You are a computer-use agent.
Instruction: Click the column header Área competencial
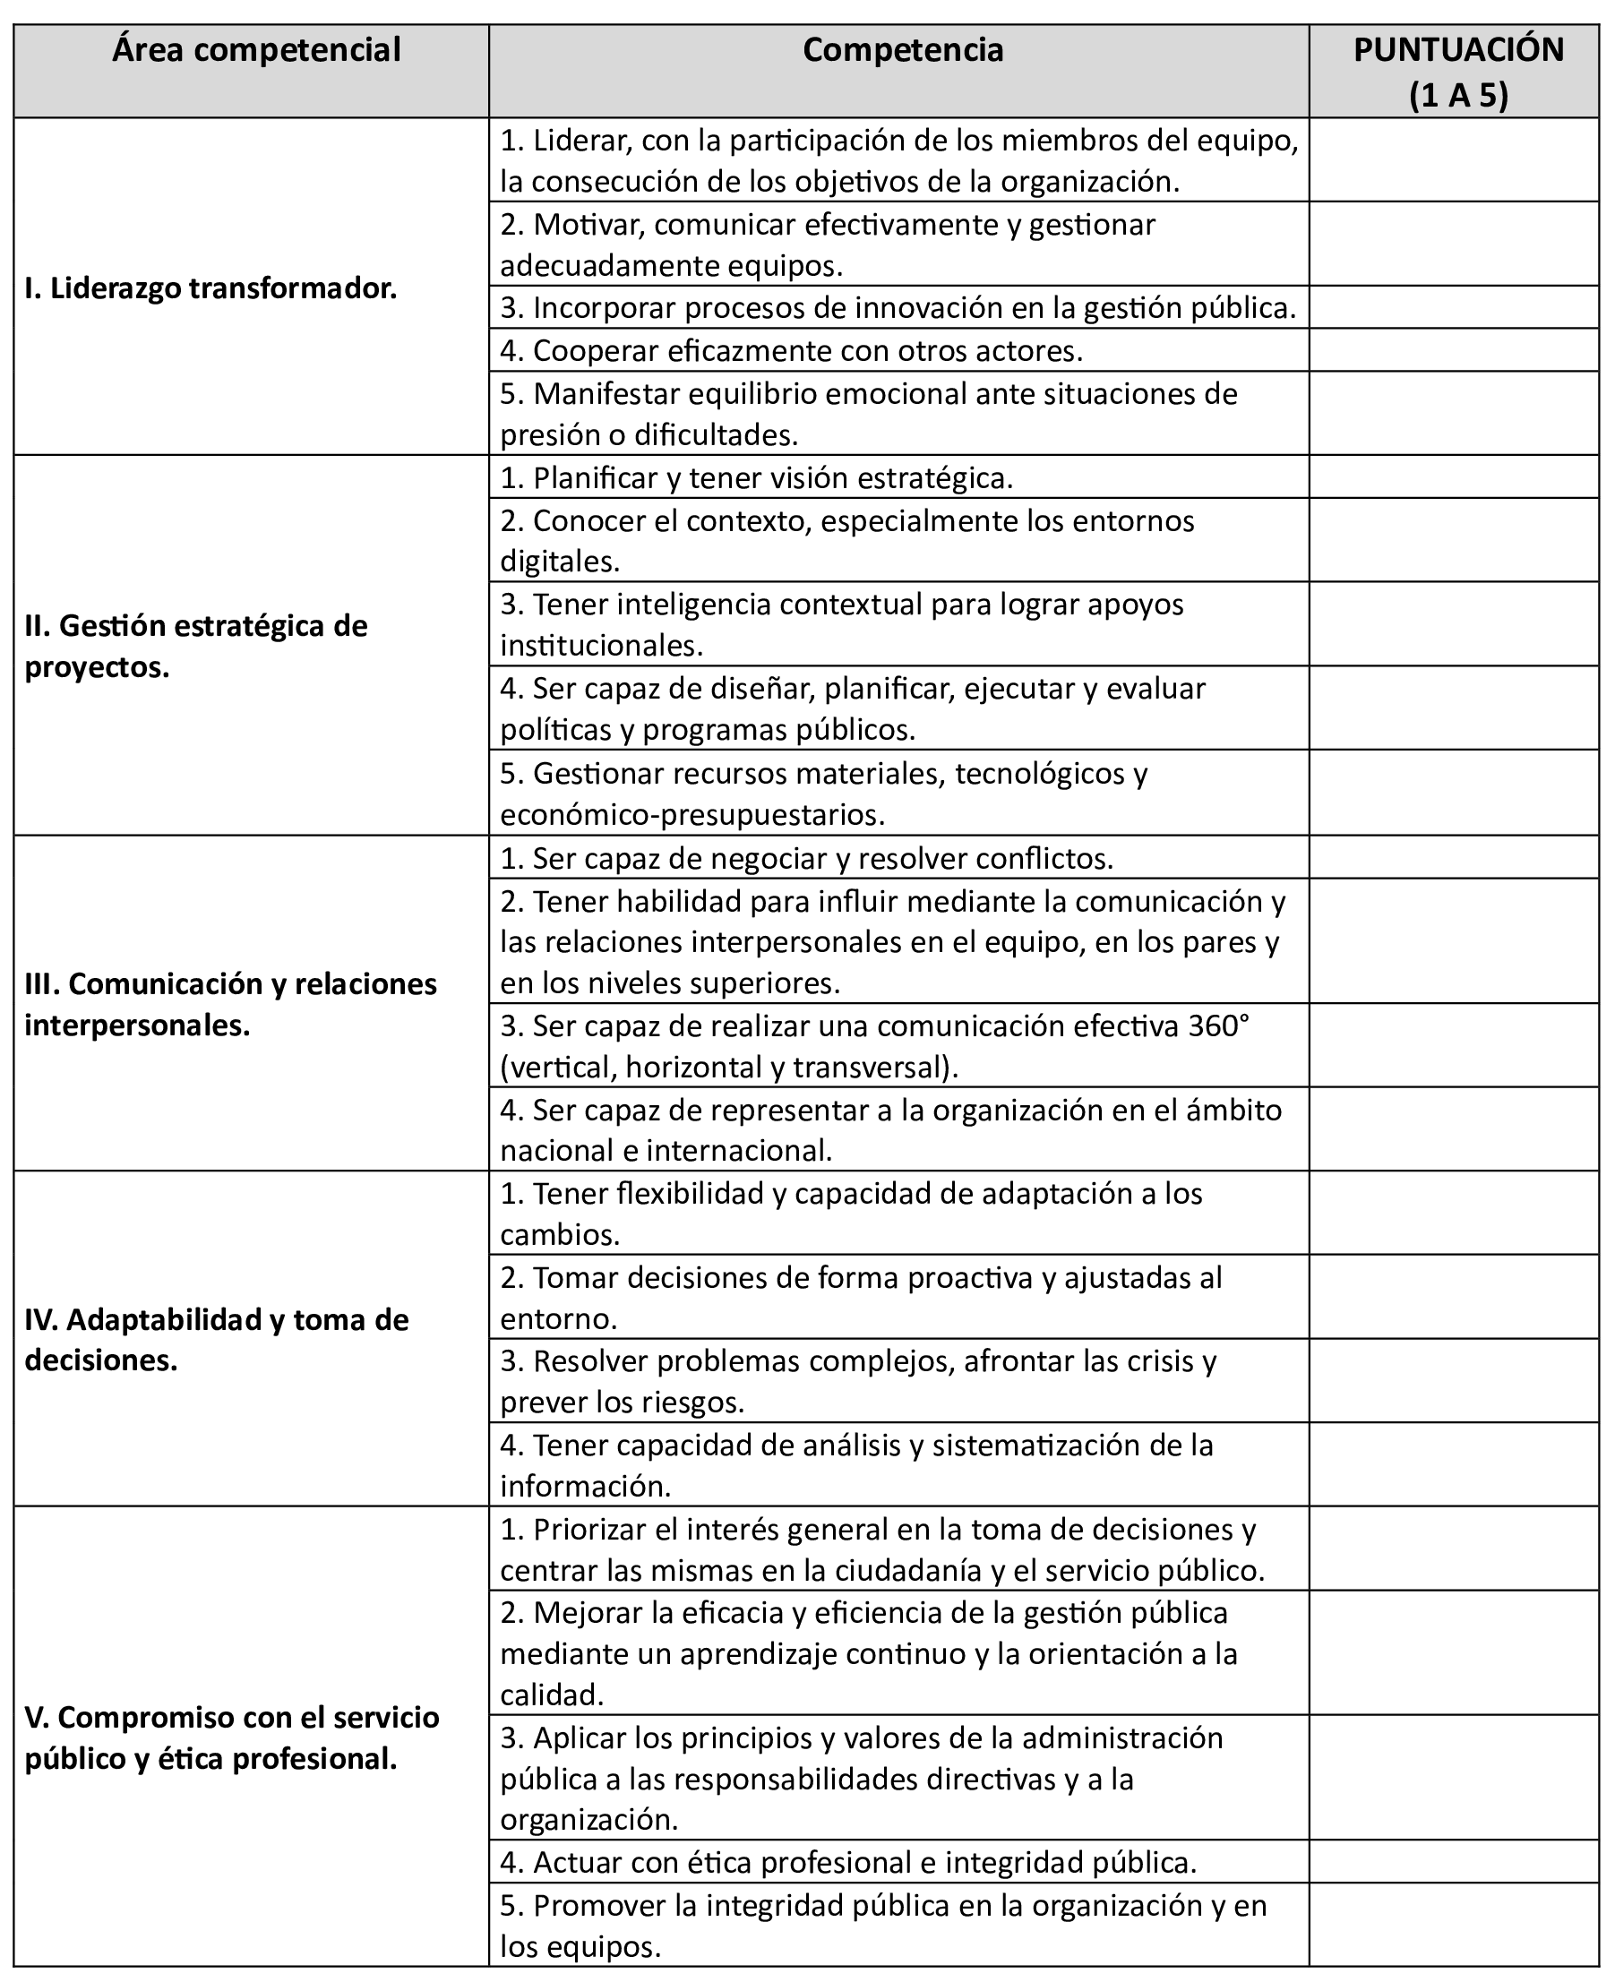click(x=256, y=50)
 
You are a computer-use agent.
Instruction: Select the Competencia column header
click(x=902, y=50)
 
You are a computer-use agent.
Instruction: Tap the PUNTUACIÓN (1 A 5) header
click(x=1457, y=72)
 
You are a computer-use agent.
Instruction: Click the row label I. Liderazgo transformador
click(x=211, y=288)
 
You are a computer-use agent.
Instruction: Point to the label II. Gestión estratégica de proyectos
click(x=196, y=647)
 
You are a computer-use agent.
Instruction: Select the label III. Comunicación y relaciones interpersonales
click(x=231, y=1004)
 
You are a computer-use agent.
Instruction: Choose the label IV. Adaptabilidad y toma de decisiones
click(x=217, y=1339)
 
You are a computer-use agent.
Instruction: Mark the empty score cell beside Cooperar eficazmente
click(x=1454, y=351)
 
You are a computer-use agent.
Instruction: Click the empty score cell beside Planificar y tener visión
click(x=1454, y=477)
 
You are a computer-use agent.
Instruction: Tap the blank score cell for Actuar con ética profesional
click(x=1454, y=1861)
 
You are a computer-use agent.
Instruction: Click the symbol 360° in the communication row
click(x=1219, y=1025)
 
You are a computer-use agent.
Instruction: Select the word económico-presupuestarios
click(x=692, y=815)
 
